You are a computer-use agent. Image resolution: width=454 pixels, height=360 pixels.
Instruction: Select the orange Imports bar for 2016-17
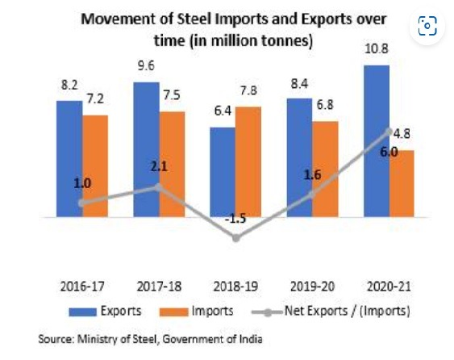tap(95, 165)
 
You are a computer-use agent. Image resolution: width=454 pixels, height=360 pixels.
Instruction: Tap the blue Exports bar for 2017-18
tap(146, 149)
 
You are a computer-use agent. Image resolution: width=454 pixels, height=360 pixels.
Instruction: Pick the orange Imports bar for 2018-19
tap(248, 161)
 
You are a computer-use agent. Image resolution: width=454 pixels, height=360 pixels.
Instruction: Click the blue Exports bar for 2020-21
tap(377, 141)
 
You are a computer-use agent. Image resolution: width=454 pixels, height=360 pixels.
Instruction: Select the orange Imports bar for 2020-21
tap(402, 183)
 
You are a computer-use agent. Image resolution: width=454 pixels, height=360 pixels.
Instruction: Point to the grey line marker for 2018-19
tap(236, 238)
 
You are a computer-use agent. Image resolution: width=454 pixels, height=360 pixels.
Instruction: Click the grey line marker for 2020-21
tap(389, 132)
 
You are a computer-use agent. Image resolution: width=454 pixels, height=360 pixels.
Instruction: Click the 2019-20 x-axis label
tap(313, 285)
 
